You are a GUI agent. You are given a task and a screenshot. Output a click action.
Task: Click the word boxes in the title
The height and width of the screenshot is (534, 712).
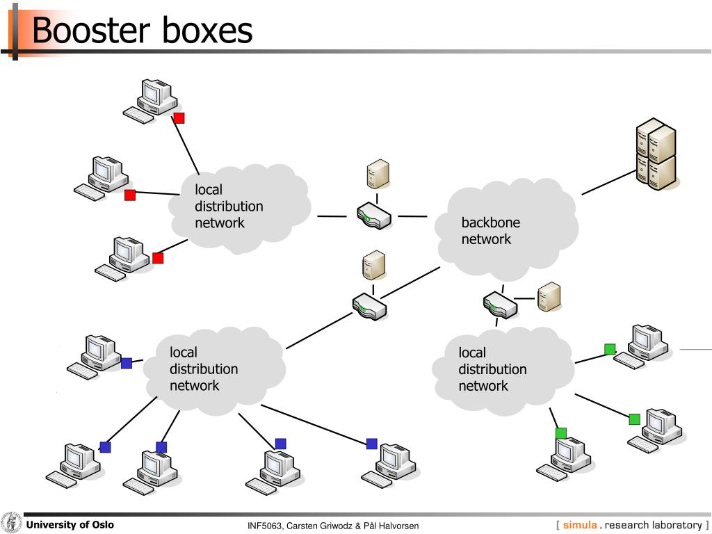coord(208,31)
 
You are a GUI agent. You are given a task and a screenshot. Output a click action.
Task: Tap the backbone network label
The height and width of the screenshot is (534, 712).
coord(490,231)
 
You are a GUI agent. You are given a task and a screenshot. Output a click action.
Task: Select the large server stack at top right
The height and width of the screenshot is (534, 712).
coord(656,154)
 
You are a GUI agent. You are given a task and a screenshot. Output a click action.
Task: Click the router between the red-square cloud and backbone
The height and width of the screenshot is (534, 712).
coord(373,216)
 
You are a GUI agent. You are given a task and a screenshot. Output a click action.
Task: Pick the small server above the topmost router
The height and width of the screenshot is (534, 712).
coord(378,174)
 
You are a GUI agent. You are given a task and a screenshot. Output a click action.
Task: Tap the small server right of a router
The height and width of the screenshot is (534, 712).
coord(549,297)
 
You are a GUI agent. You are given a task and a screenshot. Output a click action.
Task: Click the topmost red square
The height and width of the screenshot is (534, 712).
coord(179,118)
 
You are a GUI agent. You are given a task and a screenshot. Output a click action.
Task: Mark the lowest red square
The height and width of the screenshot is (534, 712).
coord(158,258)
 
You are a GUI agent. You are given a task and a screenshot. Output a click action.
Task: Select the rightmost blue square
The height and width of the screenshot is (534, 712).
coord(372,444)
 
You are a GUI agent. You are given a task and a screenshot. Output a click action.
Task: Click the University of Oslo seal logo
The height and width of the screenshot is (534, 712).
coord(11,523)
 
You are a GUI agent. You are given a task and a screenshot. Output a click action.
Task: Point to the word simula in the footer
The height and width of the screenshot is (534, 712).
coord(580,525)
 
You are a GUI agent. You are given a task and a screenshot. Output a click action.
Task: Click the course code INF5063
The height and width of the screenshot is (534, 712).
coord(265,526)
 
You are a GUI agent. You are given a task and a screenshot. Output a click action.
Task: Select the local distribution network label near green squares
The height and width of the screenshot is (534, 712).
coord(492,369)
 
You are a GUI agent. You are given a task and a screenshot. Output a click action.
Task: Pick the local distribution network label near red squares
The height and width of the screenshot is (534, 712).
coord(228,207)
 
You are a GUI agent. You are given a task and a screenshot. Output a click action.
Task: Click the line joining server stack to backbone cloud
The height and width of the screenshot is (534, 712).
coord(608,182)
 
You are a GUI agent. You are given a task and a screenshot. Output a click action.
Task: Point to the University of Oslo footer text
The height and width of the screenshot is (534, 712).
coord(70,525)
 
